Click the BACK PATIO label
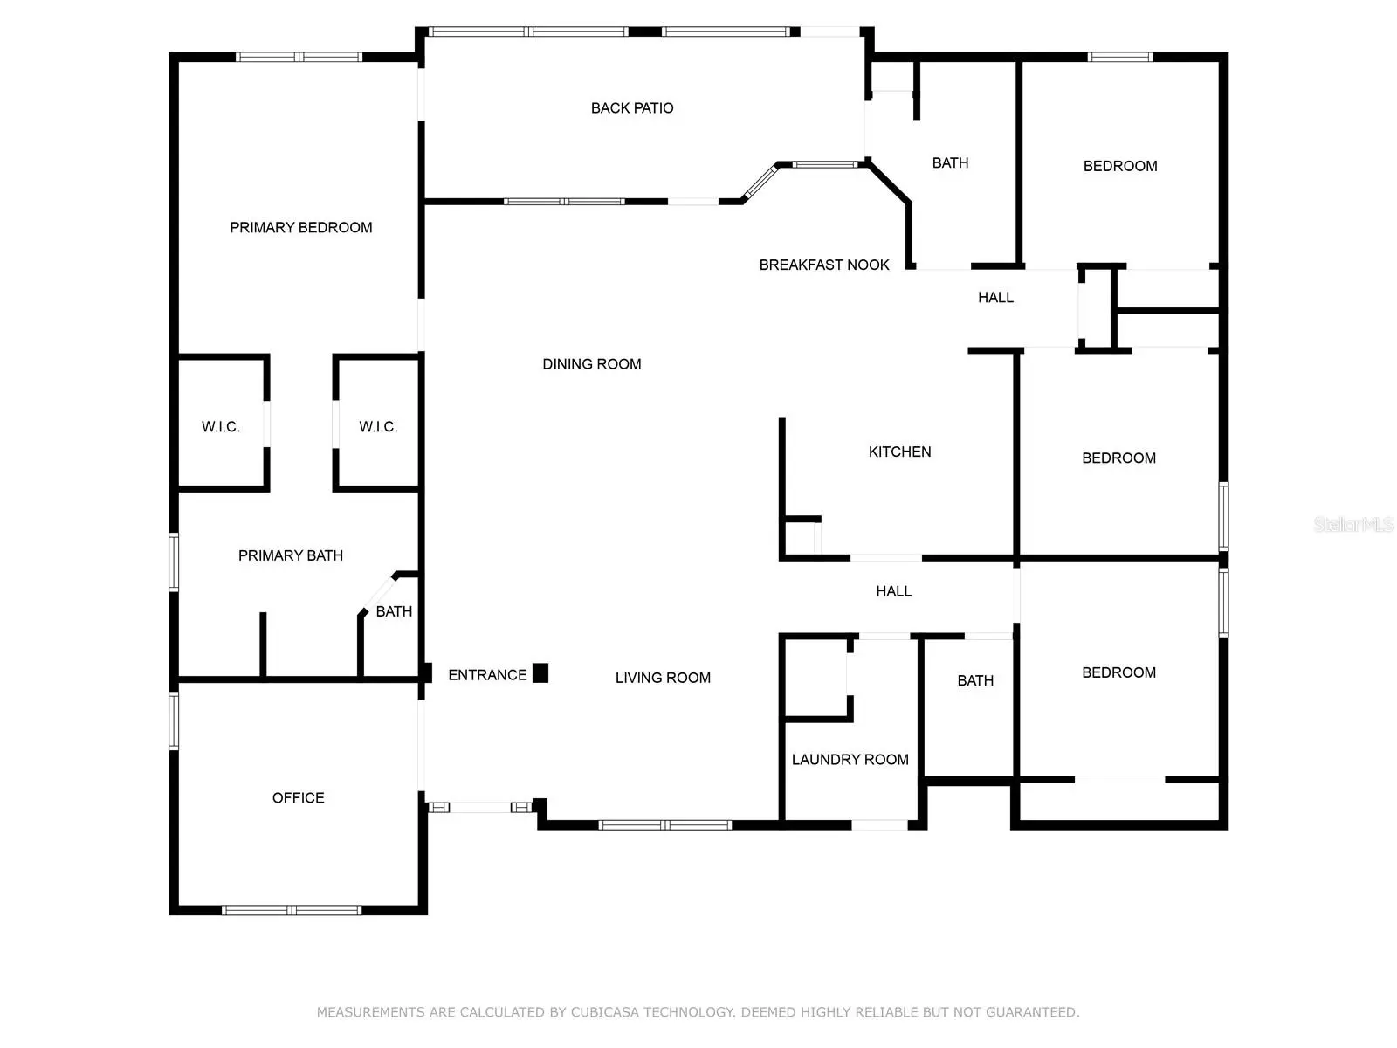click(x=631, y=108)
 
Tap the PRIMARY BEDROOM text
click(x=300, y=227)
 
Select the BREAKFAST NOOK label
click(x=823, y=265)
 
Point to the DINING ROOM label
click(x=591, y=364)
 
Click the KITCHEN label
click(x=899, y=452)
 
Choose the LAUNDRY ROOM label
click(x=850, y=759)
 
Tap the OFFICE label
click(x=298, y=798)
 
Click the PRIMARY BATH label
click(x=290, y=555)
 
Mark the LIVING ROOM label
click(x=663, y=678)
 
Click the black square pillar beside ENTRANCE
click(x=540, y=672)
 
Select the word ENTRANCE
click(x=487, y=675)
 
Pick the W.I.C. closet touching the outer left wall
click(x=221, y=427)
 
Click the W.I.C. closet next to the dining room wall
click(x=378, y=427)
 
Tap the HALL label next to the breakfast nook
click(x=995, y=297)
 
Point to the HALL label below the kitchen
click(x=893, y=591)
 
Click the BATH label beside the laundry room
click(x=975, y=681)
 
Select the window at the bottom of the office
click(x=292, y=910)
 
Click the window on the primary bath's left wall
click(x=173, y=562)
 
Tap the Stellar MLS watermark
click(x=1353, y=524)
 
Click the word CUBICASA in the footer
click(x=604, y=1011)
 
